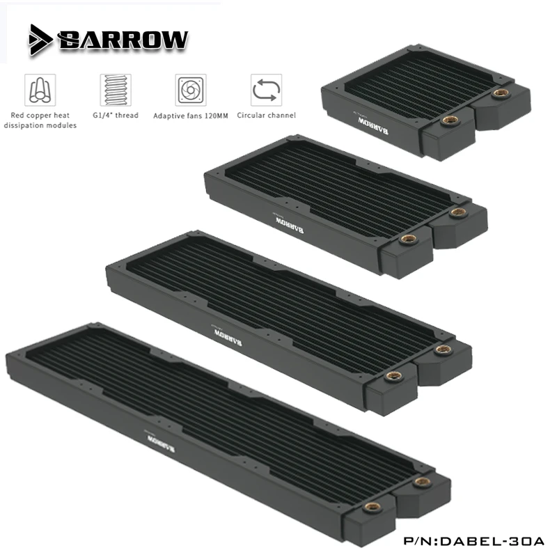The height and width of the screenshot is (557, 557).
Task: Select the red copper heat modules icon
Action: coord(40,90)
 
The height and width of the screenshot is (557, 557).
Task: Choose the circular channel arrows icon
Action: coord(265,90)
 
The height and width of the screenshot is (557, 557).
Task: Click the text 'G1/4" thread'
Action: coord(116,115)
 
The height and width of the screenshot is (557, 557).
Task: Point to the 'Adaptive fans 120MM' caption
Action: coord(190,115)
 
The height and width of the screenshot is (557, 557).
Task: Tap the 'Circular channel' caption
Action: coord(266,115)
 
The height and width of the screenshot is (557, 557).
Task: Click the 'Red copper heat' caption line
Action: coord(40,115)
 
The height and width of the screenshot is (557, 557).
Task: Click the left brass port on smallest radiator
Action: coord(446,120)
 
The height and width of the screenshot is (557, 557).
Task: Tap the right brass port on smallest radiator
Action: coord(499,93)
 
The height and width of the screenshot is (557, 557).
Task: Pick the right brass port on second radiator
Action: coord(457,211)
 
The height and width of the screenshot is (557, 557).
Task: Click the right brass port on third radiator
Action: coord(440,350)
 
